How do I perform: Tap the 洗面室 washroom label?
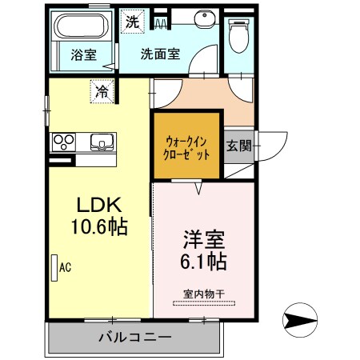coord(160,55)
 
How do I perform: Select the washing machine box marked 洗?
coord(131,22)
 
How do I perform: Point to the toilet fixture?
coord(238,36)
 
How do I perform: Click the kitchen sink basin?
coord(102,142)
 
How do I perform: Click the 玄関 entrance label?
coord(238,146)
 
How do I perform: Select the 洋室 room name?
coord(203,239)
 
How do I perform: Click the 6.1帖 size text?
coord(203,262)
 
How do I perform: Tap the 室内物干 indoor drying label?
coord(203,294)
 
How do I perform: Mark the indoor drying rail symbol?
coord(203,303)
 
